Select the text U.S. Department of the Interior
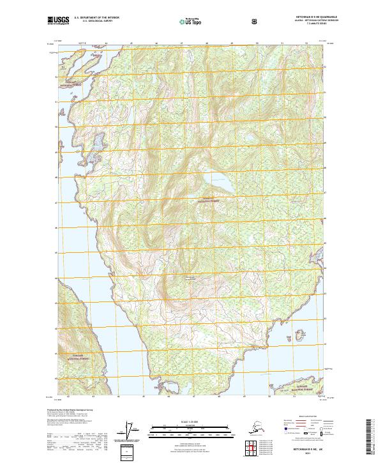96,18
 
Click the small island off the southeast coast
298,333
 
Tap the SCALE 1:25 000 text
190,420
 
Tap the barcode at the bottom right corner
368,437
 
